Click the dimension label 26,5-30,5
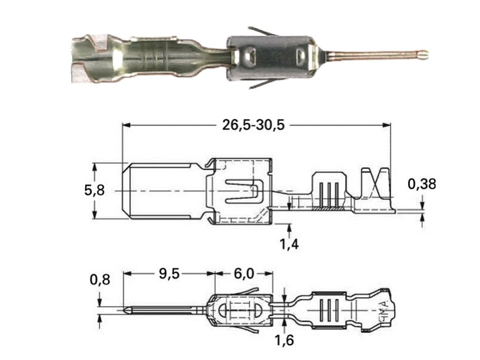pos(253,125)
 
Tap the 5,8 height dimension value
pos(94,190)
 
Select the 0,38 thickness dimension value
pos(422,184)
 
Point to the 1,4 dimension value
pos(289,244)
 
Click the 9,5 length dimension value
pos(169,274)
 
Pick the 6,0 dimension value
pos(244,274)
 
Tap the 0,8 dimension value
pos(100,280)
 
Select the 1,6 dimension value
pos(284,340)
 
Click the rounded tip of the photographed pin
pos(424,55)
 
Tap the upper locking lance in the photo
pos(263,32)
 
